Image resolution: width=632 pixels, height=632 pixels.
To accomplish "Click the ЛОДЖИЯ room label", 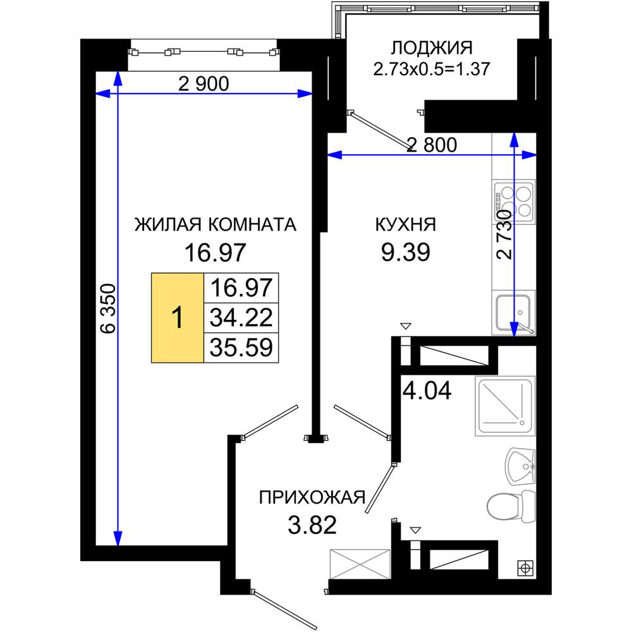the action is tap(431, 48).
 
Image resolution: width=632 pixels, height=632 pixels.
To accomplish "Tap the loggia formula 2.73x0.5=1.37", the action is tap(431, 68).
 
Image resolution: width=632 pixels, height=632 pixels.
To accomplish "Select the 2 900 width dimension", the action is tap(204, 84).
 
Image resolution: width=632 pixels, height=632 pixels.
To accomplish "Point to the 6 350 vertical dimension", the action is tap(108, 309).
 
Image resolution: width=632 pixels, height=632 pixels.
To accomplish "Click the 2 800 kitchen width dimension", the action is tap(432, 145).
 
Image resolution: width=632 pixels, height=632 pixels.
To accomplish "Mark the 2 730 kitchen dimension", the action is tap(504, 234).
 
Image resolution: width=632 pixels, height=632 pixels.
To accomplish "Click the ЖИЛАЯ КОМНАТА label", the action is tap(216, 224).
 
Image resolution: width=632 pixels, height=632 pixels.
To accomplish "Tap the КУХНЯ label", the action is tap(406, 224).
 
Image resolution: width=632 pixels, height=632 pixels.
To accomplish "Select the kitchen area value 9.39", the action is tap(406, 252).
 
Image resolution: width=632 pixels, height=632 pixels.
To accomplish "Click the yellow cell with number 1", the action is tap(178, 318).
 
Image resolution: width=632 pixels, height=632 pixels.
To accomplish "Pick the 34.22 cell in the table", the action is tap(241, 318).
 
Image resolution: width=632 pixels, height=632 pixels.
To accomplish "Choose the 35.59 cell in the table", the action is tap(241, 348).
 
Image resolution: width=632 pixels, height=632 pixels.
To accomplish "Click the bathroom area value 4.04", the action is tap(427, 391).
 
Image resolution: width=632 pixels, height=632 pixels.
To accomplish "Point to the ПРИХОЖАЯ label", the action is tap(312, 498).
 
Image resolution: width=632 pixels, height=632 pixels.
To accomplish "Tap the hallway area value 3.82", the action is tap(312, 525).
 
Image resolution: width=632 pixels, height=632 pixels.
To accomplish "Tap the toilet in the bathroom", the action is tap(511, 506).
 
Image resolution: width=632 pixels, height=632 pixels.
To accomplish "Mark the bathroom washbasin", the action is tap(520, 466).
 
